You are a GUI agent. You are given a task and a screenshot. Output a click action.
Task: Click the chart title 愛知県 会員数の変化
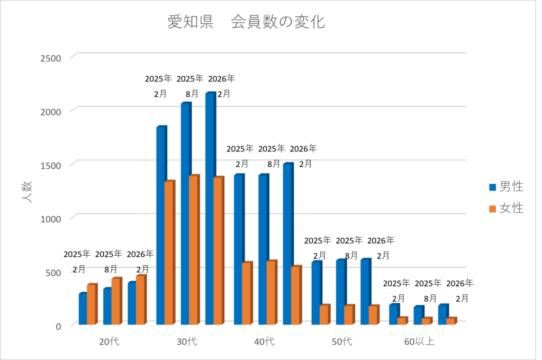246,22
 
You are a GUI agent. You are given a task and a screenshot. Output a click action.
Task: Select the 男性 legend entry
505,186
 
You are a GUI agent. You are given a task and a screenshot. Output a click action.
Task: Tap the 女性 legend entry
505,209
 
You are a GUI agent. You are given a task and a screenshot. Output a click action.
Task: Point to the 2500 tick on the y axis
51,58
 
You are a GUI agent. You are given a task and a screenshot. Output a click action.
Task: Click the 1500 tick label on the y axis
51,165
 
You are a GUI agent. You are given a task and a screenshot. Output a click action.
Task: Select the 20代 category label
109,341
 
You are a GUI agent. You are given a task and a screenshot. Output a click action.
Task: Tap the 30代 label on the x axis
187,341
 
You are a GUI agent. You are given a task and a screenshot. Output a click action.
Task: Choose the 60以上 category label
419,341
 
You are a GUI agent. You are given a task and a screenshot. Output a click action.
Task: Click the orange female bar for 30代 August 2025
193,249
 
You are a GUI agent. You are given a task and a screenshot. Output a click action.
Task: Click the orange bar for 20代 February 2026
140,300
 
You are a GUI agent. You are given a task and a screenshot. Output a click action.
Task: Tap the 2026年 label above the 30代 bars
222,79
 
